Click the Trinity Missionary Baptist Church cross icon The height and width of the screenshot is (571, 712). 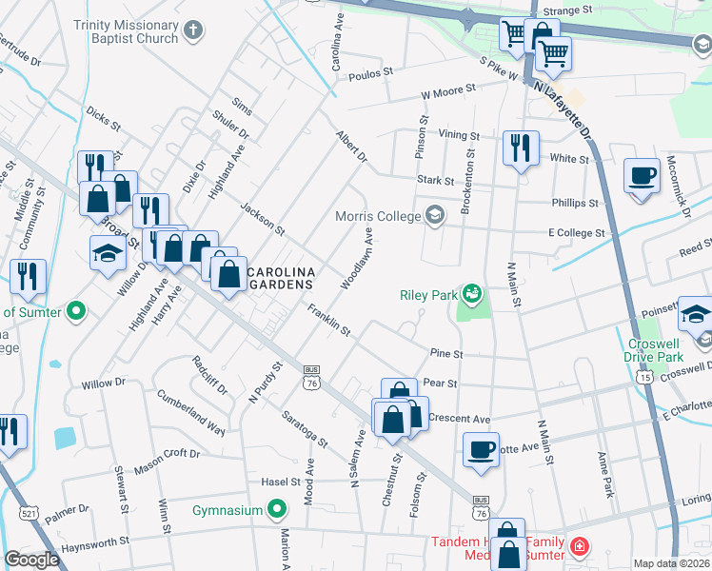(x=193, y=30)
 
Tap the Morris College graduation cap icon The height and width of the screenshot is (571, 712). (x=435, y=215)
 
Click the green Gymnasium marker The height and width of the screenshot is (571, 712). (x=276, y=510)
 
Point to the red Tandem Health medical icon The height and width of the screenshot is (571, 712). (x=579, y=547)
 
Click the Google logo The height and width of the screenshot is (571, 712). (x=31, y=560)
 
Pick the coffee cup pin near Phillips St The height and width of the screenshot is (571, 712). (x=643, y=177)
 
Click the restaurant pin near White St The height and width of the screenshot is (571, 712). (x=520, y=148)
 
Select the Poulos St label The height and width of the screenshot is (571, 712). (x=370, y=73)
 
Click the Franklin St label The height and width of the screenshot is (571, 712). (x=329, y=321)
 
